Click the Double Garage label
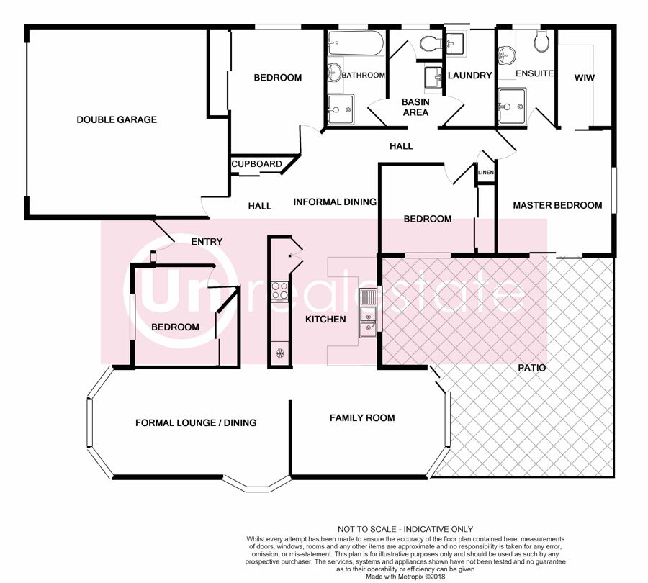117,119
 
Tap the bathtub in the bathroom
356,42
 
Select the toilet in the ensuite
541,40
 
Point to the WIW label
585,78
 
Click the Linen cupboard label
486,172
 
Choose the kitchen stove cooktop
279,291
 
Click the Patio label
532,368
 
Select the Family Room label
362,418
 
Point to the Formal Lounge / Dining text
196,422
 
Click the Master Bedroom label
557,205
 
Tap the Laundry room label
470,76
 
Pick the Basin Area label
415,107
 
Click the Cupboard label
256,164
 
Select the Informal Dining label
335,202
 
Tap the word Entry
207,242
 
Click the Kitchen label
325,320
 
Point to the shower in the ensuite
512,107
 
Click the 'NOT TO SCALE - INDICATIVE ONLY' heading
405,529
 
